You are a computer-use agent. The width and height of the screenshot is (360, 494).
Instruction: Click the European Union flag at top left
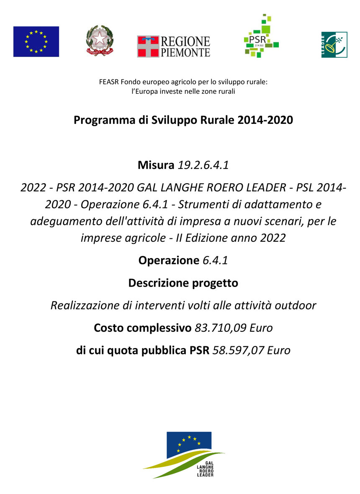[36, 41]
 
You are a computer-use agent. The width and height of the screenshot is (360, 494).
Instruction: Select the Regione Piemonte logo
[173, 46]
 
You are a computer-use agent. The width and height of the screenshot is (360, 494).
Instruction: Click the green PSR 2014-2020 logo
[261, 36]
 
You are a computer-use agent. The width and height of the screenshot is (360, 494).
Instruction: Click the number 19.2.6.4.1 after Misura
[203, 165]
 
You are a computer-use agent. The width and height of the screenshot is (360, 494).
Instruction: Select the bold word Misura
[156, 165]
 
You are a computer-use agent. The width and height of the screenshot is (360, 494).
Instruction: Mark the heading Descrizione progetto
[183, 283]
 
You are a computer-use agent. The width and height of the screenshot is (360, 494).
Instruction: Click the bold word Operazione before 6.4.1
[169, 261]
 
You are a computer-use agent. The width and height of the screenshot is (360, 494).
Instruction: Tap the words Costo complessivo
[143, 328]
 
